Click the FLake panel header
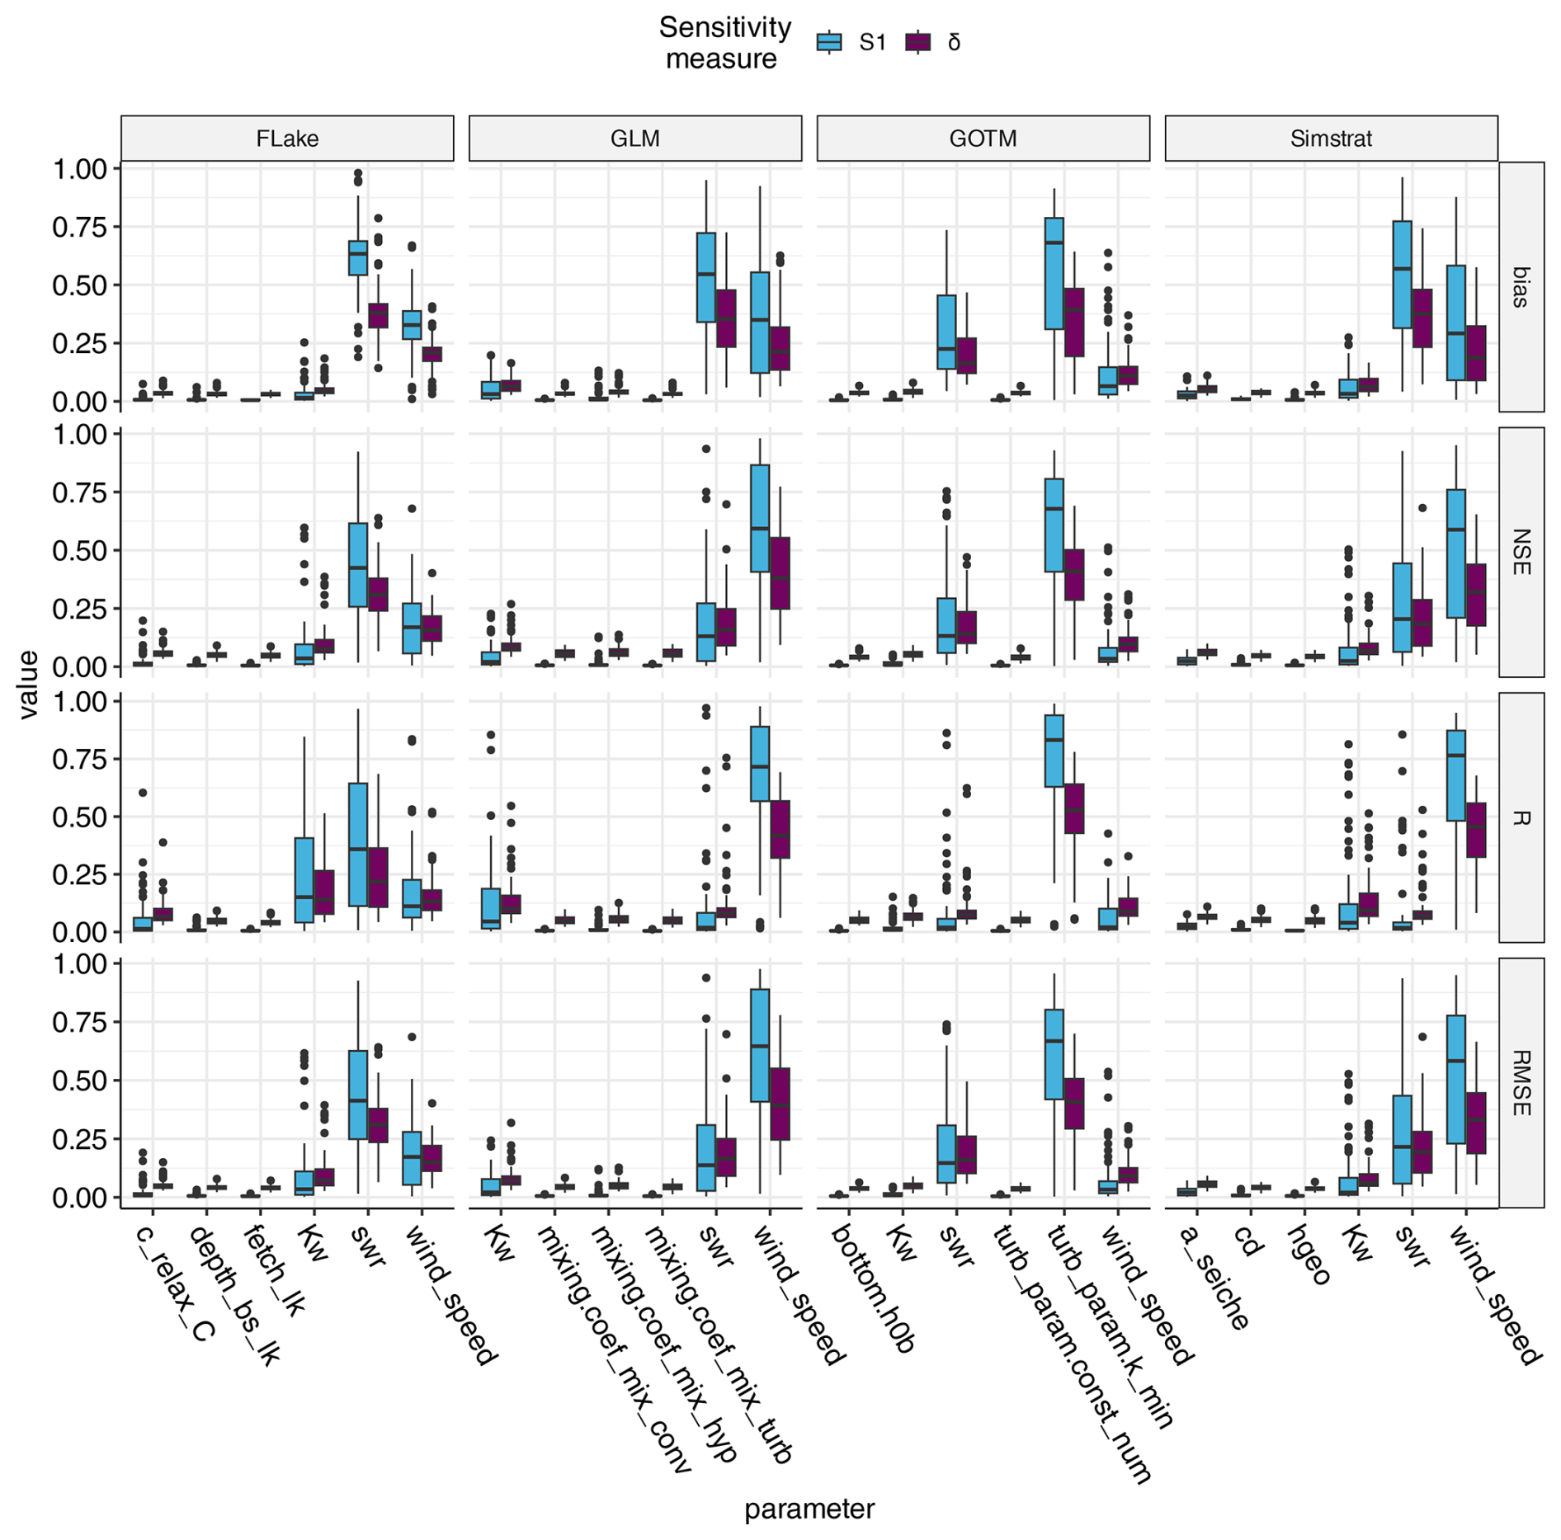coord(287,139)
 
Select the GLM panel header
coord(634,139)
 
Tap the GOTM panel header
coord(983,139)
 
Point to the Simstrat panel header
coord(1331,139)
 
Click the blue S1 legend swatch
coord(829,42)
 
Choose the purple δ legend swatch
coord(917,42)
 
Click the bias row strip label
coord(1521,286)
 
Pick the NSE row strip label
coord(1521,552)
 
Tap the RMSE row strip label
coord(1521,1083)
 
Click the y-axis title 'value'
coord(29,685)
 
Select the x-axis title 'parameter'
coord(809,1509)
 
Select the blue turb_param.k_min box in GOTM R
coord(1054,751)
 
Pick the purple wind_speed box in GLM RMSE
coord(780,1104)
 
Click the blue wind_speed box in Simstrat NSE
coord(1456,553)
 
